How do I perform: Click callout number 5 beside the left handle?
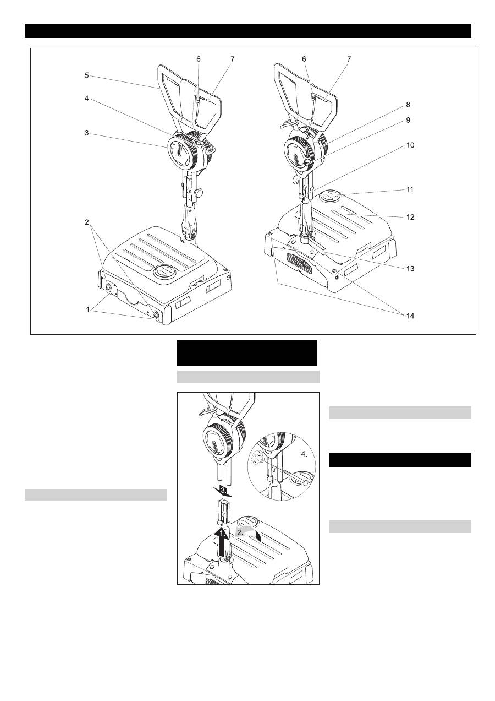pos(86,75)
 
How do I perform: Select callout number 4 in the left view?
pos(86,99)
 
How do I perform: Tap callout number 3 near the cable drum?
pos(86,133)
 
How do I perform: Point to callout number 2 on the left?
pos(86,222)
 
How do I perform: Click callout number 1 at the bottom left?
pos(88,309)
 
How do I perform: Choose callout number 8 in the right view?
pos(408,105)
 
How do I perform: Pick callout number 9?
pos(408,120)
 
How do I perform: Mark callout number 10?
pos(410,145)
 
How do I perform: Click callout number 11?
pos(410,189)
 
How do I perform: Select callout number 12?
pos(410,217)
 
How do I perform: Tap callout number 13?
pos(410,269)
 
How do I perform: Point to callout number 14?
pos(410,316)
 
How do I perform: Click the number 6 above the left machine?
pos(199,59)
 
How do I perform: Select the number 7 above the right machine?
pos(349,59)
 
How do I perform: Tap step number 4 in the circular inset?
pos(304,454)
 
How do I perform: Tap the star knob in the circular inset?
pos(256,459)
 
